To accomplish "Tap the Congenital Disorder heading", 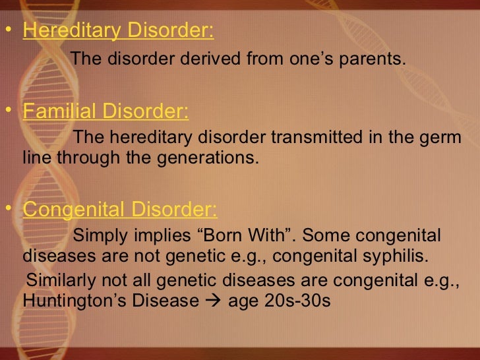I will click(x=119, y=210).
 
